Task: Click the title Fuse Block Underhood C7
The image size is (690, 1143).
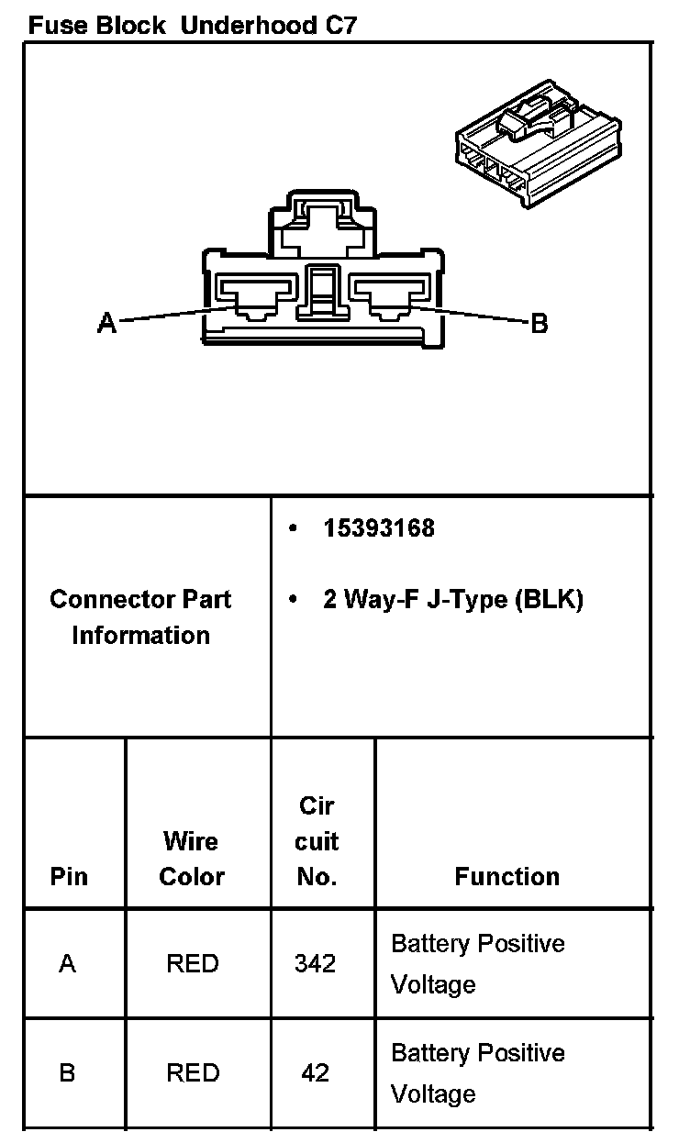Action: pyautogui.click(x=192, y=25)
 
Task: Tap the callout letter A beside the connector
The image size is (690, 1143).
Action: pyautogui.click(x=107, y=323)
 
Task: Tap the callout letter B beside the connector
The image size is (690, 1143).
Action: pyautogui.click(x=540, y=323)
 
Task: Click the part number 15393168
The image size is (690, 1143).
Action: pyautogui.click(x=378, y=528)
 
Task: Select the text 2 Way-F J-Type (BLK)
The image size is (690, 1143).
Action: pyautogui.click(x=452, y=600)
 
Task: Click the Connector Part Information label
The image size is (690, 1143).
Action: pyautogui.click(x=140, y=616)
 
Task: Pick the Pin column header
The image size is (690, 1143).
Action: pyautogui.click(x=69, y=877)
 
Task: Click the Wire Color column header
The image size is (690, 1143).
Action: pyautogui.click(x=191, y=859)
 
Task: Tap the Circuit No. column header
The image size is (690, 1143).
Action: pyautogui.click(x=317, y=841)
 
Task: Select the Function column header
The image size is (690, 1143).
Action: pyautogui.click(x=506, y=877)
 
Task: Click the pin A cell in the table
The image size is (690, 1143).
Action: pyautogui.click(x=67, y=964)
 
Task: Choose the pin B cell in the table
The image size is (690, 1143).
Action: pyautogui.click(x=67, y=1072)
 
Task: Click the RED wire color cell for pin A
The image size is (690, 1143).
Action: pyautogui.click(x=193, y=964)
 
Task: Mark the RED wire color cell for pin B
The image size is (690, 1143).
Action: pyautogui.click(x=193, y=1072)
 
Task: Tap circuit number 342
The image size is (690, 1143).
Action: pyautogui.click(x=316, y=964)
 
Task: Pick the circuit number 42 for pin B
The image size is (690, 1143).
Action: pyautogui.click(x=316, y=1072)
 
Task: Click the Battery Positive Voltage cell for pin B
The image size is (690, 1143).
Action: pyautogui.click(x=477, y=1072)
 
